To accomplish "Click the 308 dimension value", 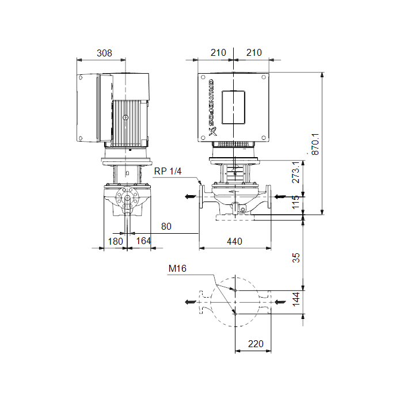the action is click(x=104, y=53).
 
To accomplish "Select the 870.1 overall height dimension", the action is click(x=315, y=144).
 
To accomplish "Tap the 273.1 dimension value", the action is click(x=296, y=172).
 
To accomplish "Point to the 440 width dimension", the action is click(x=234, y=241).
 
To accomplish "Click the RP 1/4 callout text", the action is click(x=168, y=171).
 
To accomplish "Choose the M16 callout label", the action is click(x=177, y=269).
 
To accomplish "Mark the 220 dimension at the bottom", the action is click(x=256, y=344).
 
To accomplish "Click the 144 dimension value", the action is click(x=296, y=299).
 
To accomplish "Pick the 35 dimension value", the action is click(x=296, y=258).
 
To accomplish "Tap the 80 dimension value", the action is click(x=166, y=226).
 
